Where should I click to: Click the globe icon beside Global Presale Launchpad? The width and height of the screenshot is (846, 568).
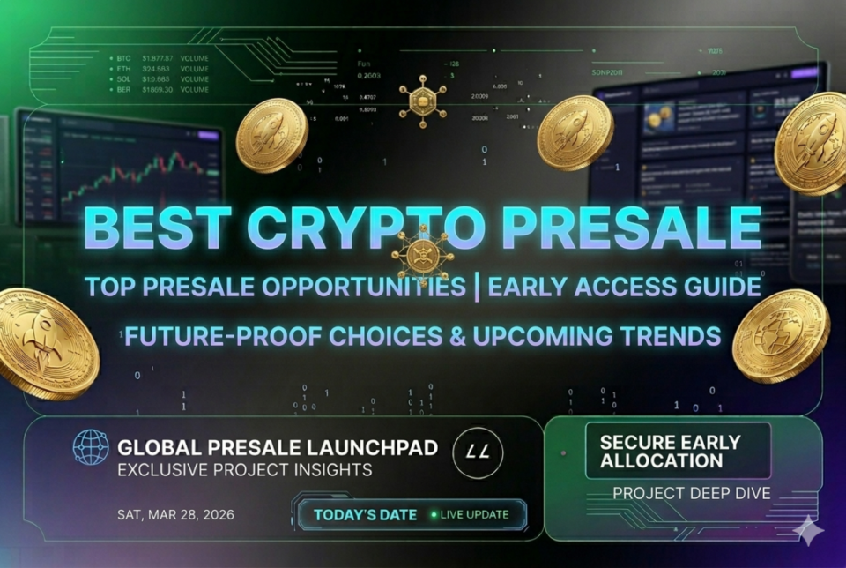(89, 447)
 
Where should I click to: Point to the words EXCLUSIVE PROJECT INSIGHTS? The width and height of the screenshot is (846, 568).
(244, 469)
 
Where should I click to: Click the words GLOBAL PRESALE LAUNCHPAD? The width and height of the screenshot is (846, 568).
(278, 447)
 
